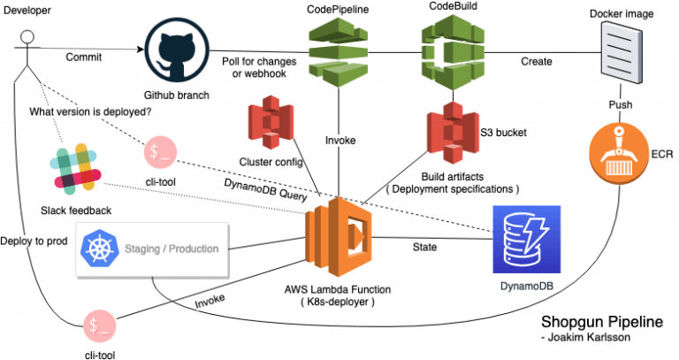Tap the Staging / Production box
pyautogui.click(x=154, y=249)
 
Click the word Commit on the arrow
pyautogui.click(x=84, y=57)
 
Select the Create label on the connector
pyautogui.click(x=536, y=62)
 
